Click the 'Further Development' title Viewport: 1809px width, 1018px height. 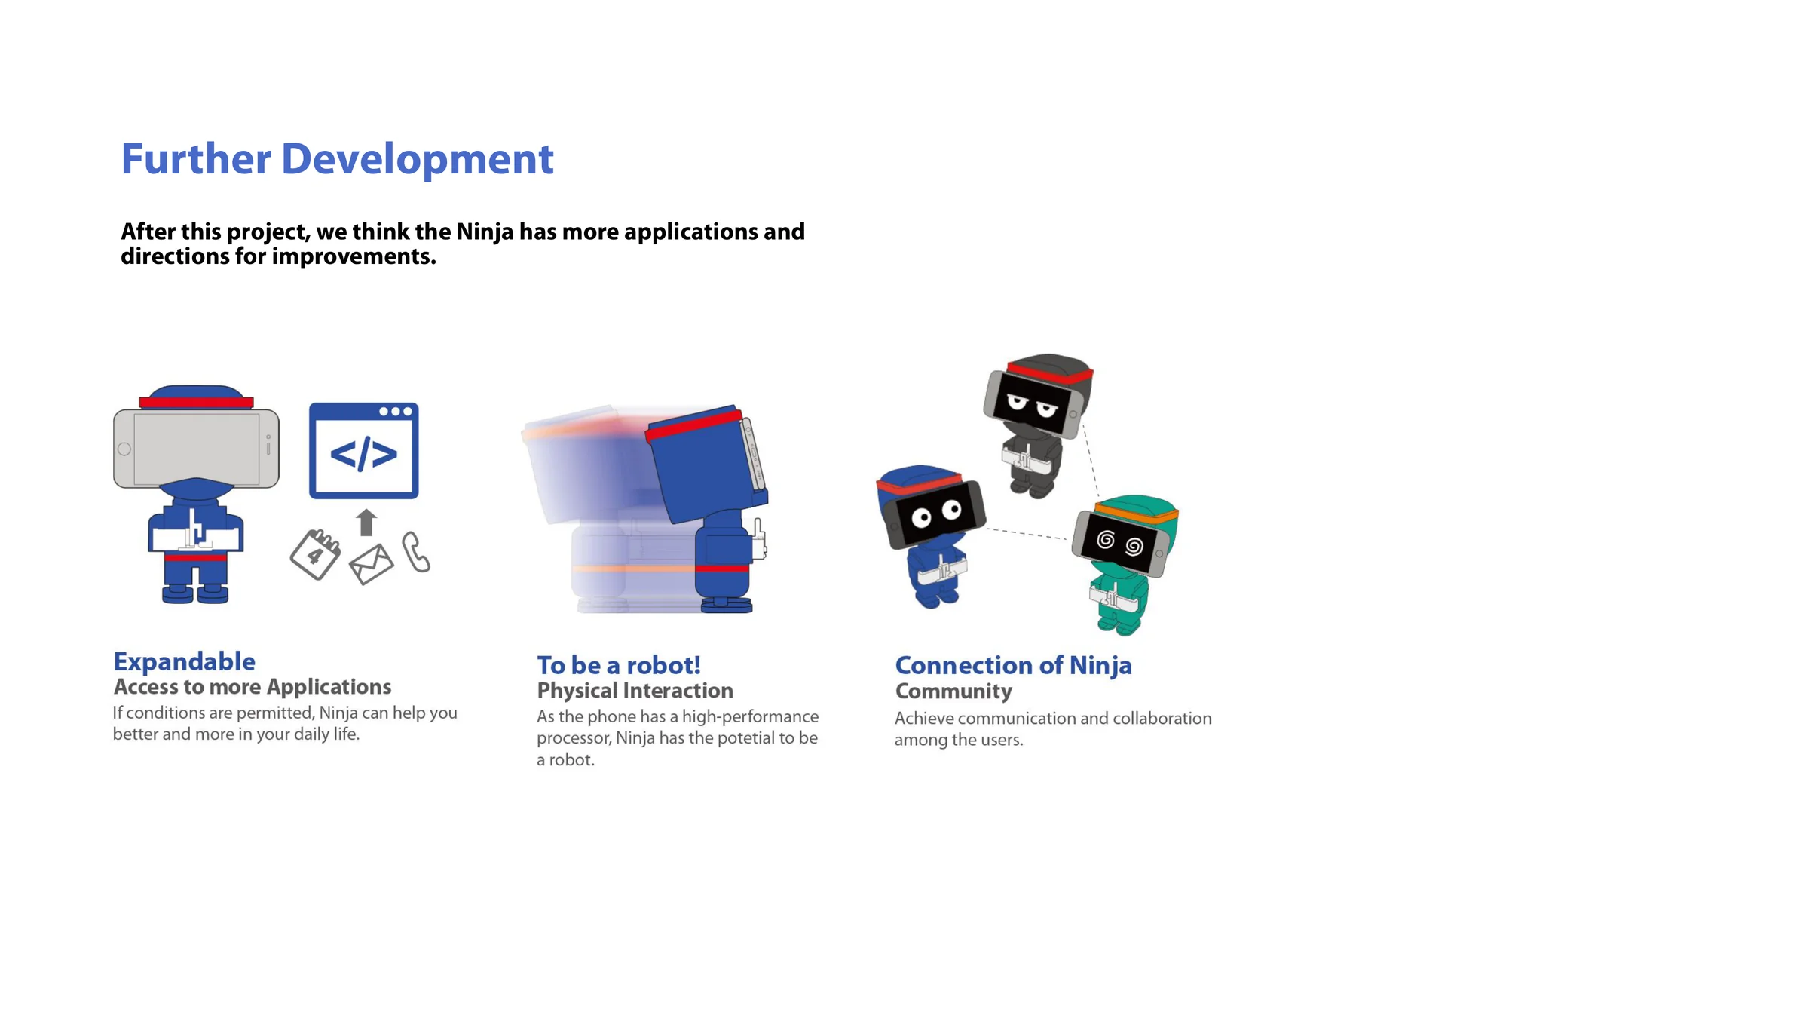coord(337,159)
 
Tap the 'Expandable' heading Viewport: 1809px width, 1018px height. coord(185,661)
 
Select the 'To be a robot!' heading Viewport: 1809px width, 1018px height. coord(619,665)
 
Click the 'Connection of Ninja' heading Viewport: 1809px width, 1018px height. coord(1013,665)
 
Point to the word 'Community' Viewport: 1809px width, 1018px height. coord(953,691)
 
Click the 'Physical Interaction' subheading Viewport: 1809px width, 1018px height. coord(635,691)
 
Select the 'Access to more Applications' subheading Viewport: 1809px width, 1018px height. coord(253,687)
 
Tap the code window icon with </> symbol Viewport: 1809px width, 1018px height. coord(364,450)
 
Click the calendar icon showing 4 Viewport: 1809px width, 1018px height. coord(315,554)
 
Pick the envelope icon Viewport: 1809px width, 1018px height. coord(372,564)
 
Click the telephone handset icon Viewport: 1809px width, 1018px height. coord(415,552)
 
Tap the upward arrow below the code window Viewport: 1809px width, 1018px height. coord(366,522)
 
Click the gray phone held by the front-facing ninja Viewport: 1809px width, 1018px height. coord(196,449)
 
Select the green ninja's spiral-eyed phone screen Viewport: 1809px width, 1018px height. coord(1121,542)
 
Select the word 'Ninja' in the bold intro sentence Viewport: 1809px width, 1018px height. coord(485,232)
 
